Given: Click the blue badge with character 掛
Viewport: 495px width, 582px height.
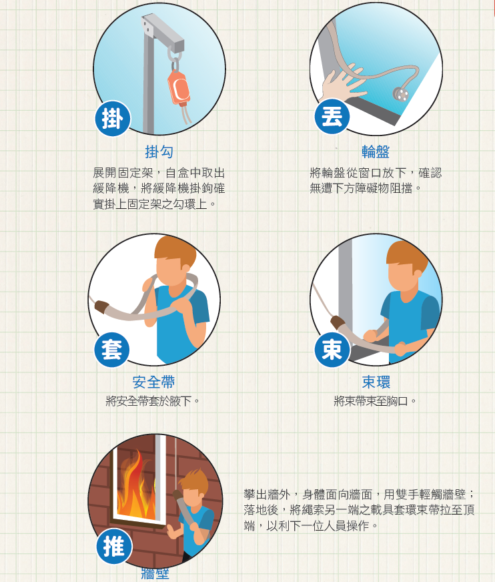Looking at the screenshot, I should point(112,118).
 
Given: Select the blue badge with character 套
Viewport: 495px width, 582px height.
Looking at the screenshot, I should point(111,349).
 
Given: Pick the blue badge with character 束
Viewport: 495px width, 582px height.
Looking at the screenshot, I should point(332,349).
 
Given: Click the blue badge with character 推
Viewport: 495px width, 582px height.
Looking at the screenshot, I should point(114,546).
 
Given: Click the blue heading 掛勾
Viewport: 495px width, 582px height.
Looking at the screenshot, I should point(159,152).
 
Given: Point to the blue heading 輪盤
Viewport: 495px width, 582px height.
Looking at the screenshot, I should point(376,152).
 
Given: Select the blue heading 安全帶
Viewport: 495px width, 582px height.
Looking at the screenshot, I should point(153,382).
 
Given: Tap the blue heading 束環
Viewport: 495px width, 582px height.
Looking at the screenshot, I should point(376,382).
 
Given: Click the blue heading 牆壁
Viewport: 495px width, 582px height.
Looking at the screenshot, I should point(155,573).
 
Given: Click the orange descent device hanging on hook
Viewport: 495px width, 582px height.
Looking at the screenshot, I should point(178,87).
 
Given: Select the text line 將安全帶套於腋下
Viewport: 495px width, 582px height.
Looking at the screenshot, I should point(153,401).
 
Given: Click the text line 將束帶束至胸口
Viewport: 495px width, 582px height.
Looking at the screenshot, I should point(376,401).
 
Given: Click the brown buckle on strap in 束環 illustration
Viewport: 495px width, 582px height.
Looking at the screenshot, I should point(338,324).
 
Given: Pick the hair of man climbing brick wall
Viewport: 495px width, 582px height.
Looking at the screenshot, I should point(194,480).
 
